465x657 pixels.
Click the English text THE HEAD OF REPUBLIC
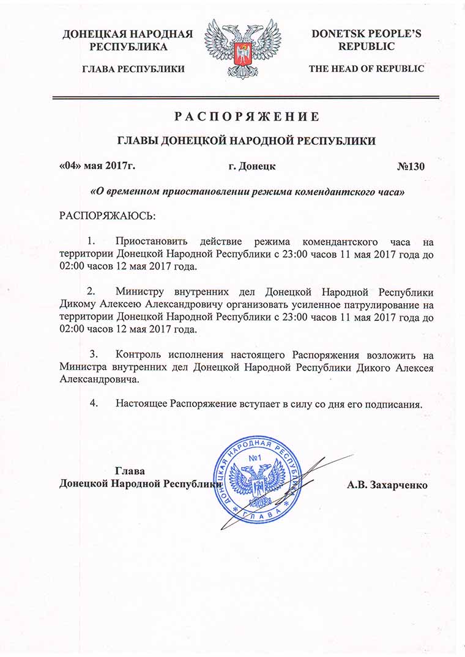tap(366, 69)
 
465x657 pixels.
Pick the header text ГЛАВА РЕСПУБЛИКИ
tap(133, 69)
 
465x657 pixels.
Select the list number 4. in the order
tap(95, 404)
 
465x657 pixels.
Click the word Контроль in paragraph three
tap(138, 354)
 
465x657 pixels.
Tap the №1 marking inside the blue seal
tap(256, 459)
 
